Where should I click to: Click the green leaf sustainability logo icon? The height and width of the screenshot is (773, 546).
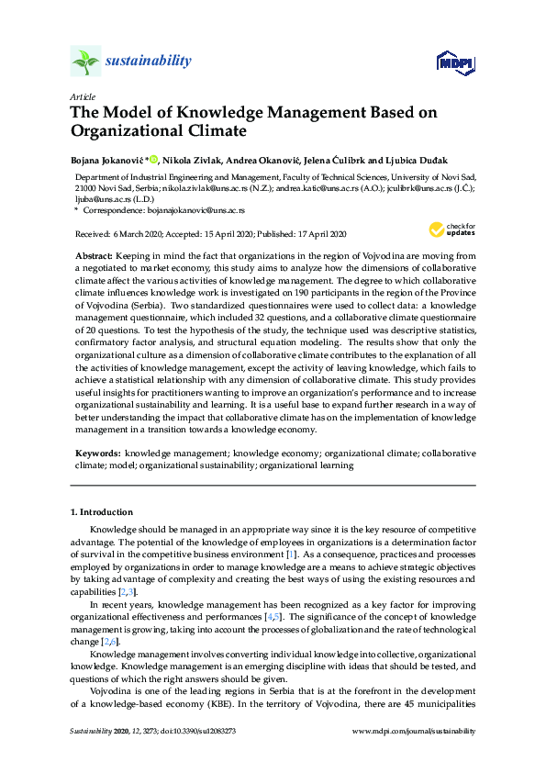(x=85, y=62)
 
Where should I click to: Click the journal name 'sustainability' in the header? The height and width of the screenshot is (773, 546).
(x=149, y=62)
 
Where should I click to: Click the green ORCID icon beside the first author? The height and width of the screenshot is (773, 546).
(x=153, y=158)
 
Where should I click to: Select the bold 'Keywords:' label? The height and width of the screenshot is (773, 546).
(x=96, y=454)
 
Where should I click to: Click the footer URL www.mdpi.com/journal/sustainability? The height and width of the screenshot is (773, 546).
(x=414, y=731)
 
